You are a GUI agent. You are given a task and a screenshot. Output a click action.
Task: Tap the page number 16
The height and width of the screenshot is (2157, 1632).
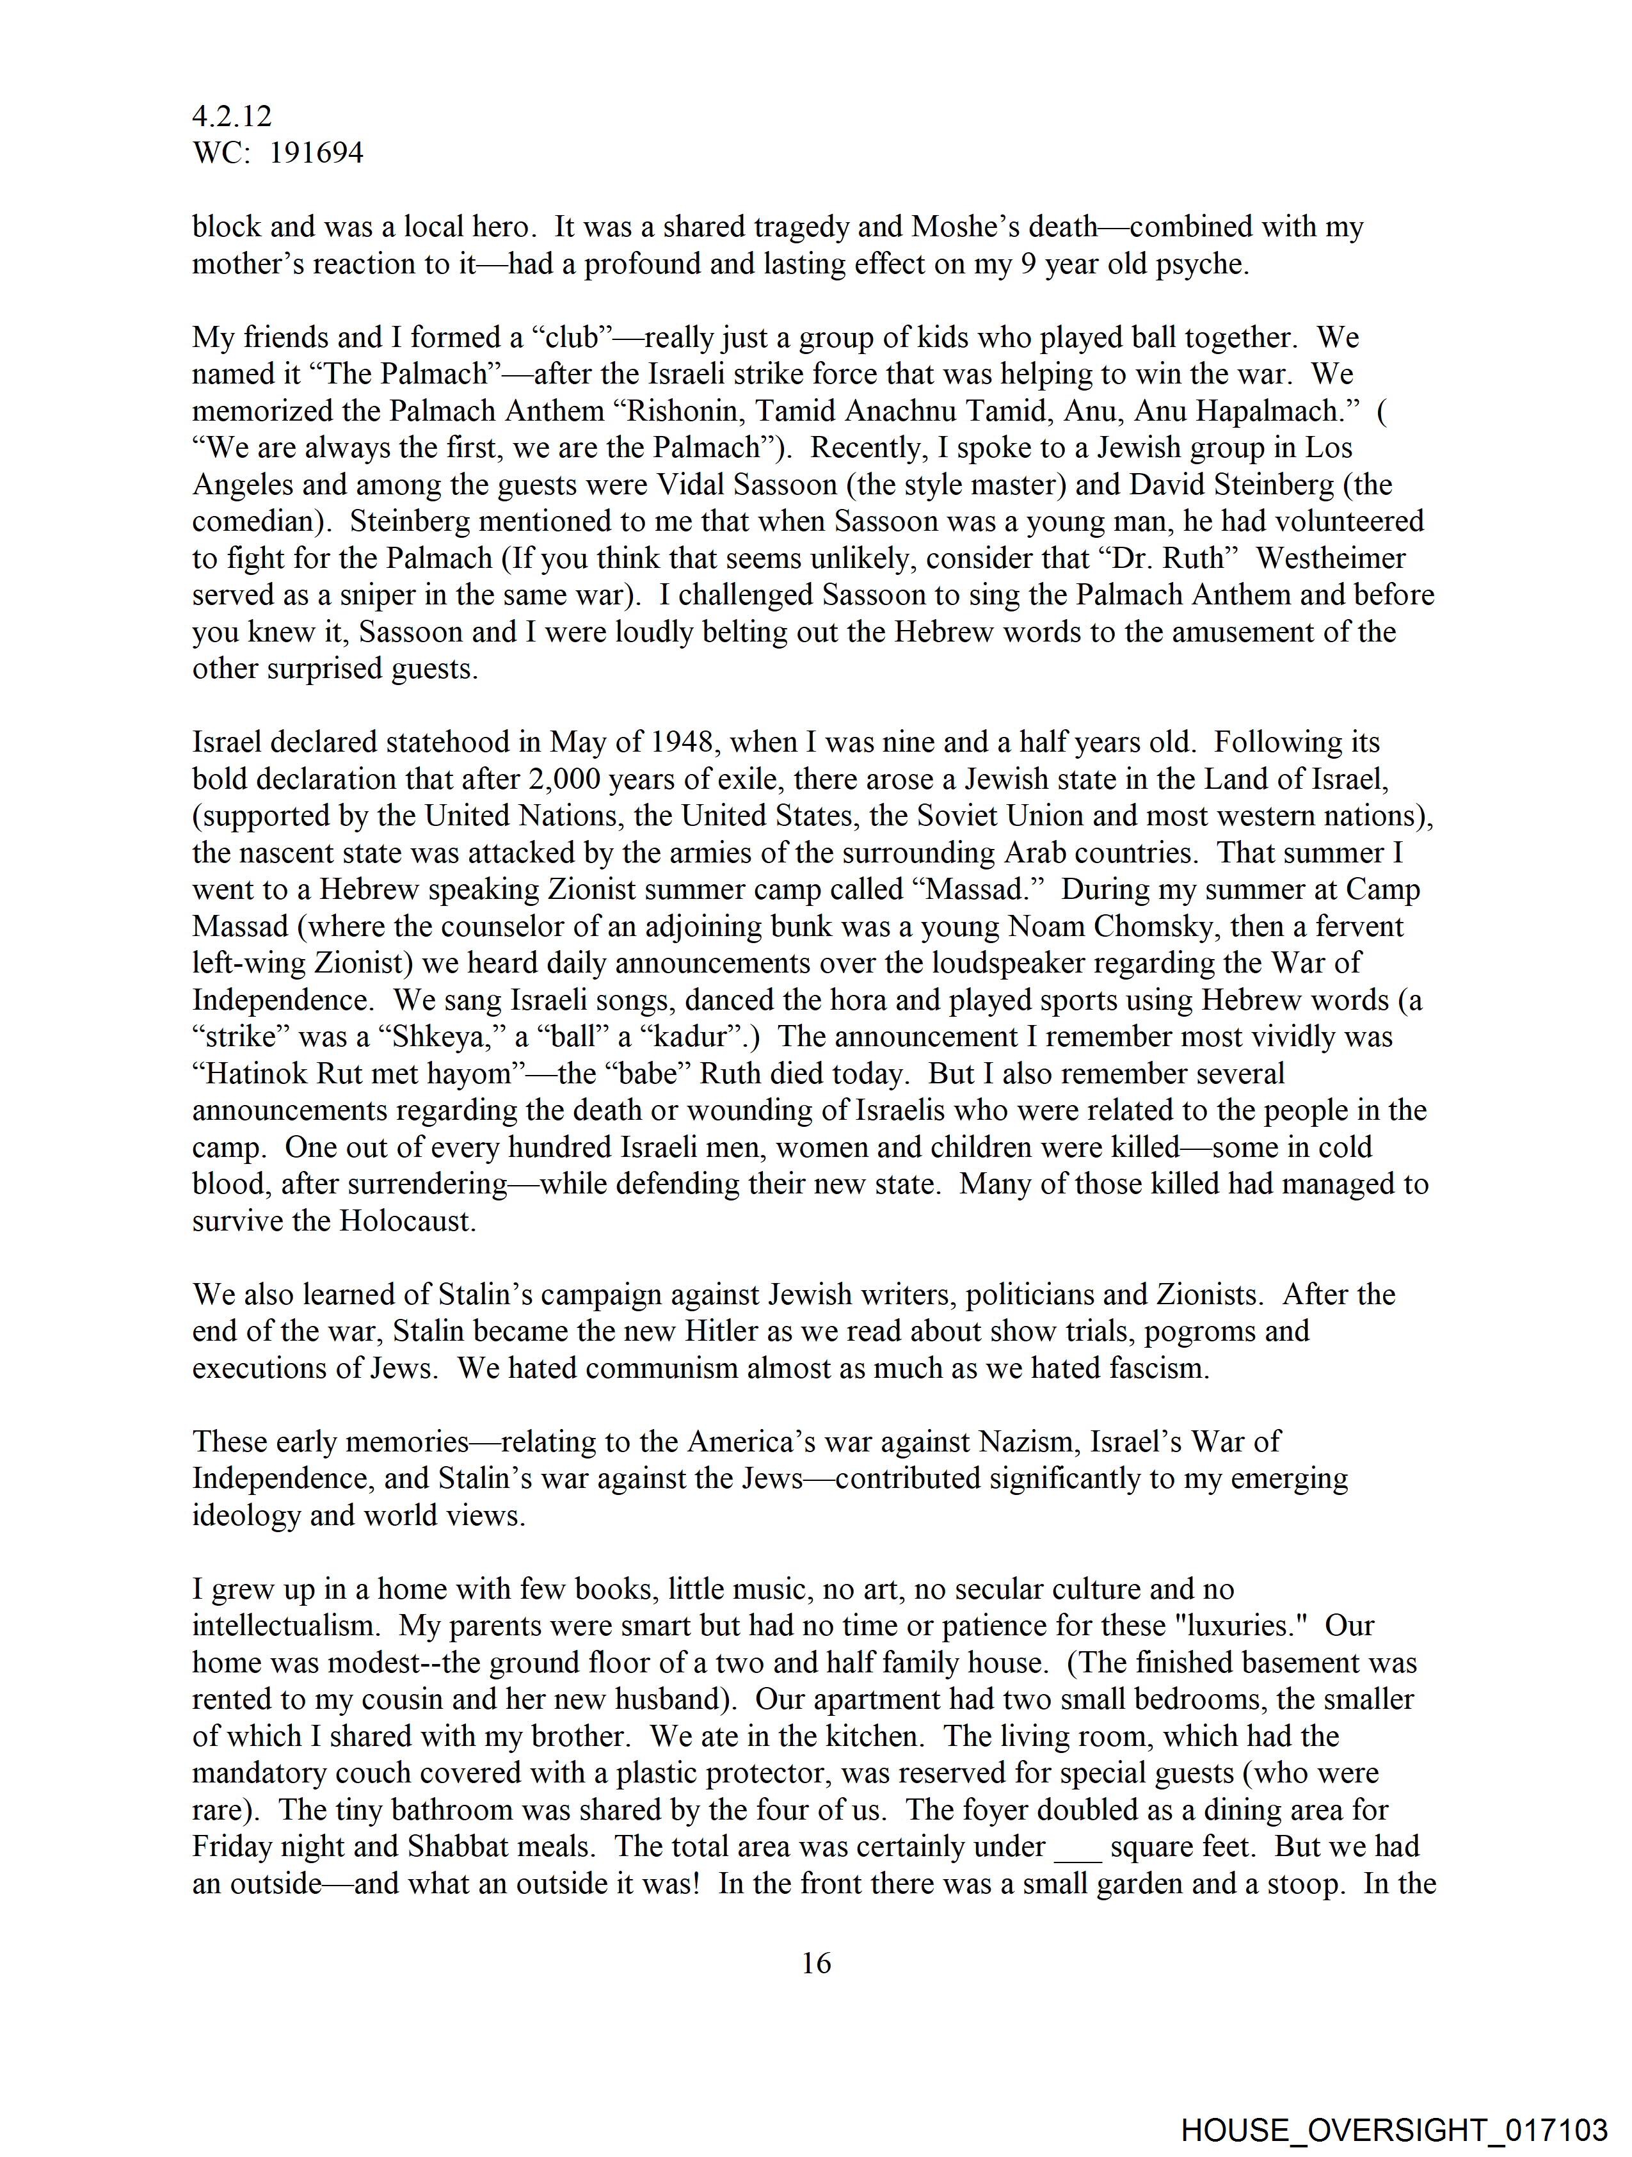pyautogui.click(x=816, y=1963)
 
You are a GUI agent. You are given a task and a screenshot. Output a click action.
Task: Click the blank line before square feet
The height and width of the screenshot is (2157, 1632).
pyautogui.click(x=1077, y=1848)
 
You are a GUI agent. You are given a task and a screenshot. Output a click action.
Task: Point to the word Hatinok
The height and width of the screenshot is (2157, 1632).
pyautogui.click(x=253, y=1074)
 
